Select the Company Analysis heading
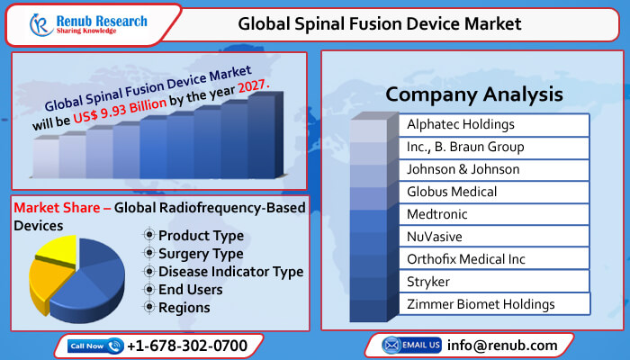coord(473,94)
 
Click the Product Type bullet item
coord(200,236)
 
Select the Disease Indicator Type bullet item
coord(230,272)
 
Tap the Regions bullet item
coord(184,308)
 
